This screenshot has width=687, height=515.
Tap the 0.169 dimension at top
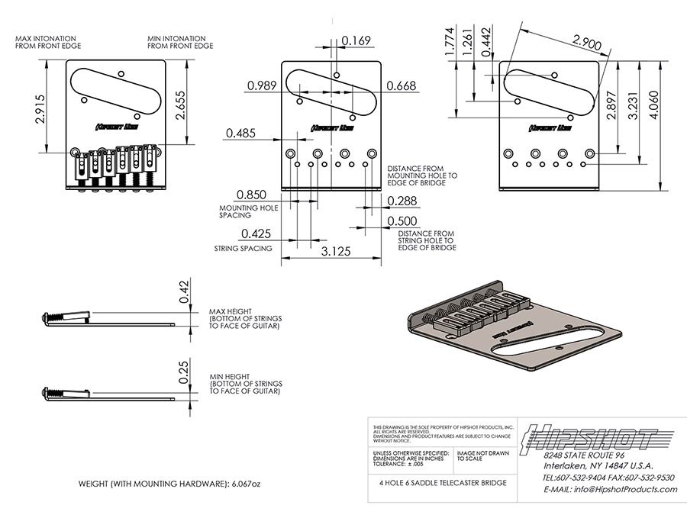[356, 40]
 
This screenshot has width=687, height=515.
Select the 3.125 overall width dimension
[329, 250]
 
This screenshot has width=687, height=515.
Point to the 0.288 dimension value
[403, 201]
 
